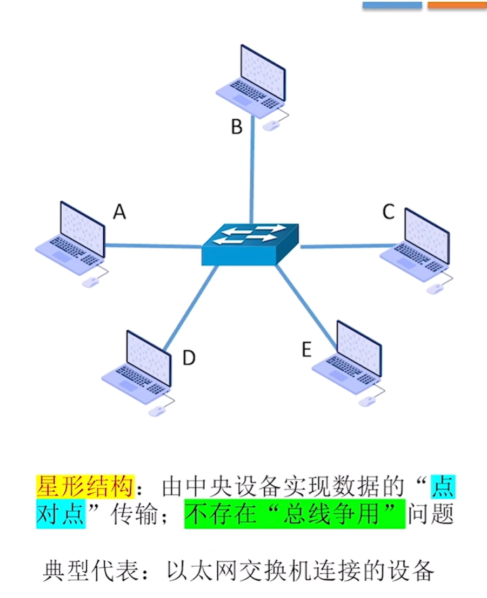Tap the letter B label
236,127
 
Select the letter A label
119,212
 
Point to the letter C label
388,212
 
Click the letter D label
188,357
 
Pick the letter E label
306,350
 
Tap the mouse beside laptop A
90,282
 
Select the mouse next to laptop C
435,288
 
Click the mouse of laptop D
157,411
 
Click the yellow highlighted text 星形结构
84,487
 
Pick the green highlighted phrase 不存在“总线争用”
295,515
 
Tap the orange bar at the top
457,5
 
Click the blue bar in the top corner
392,5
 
